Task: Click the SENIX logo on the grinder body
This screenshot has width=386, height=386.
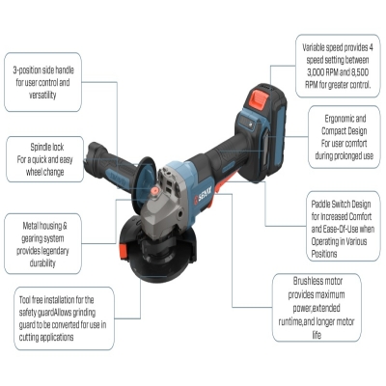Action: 203,196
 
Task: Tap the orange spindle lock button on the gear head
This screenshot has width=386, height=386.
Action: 155,191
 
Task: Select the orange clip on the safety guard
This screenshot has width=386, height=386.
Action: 123,251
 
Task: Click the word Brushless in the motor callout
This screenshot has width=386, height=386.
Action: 309,281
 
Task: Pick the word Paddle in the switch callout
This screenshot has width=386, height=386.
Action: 321,205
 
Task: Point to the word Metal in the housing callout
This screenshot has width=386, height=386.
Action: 30,226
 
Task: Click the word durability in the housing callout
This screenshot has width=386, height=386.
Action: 42,263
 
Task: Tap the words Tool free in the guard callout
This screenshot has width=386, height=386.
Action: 31,300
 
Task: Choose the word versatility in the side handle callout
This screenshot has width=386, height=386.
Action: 42,95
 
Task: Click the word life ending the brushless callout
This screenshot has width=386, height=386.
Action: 317,335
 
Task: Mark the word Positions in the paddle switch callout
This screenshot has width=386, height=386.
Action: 324,254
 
